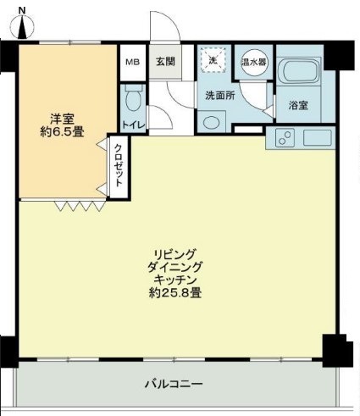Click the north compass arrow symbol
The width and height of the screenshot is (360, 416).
click(22, 27)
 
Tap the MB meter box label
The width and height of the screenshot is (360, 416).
click(133, 62)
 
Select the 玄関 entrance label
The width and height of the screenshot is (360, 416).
click(165, 62)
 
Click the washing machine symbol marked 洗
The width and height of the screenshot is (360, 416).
click(213, 60)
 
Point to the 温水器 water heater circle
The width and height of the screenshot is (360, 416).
click(253, 62)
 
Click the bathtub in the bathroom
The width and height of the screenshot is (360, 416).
click(299, 71)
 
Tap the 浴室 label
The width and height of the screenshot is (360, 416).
click(298, 105)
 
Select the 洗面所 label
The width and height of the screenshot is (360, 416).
click(220, 96)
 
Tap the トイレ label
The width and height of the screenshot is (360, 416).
click(133, 125)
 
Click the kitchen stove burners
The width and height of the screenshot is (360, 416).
click(285, 138)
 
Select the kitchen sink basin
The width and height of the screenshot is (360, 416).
click(317, 138)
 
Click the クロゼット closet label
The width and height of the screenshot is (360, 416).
click(119, 165)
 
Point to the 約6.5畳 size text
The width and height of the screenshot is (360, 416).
click(62, 132)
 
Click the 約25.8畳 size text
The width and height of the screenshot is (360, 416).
click(175, 293)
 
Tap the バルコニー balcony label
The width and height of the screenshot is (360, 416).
click(174, 384)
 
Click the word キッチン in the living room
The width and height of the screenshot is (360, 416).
click(175, 280)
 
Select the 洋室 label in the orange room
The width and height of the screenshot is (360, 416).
click(62, 119)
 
